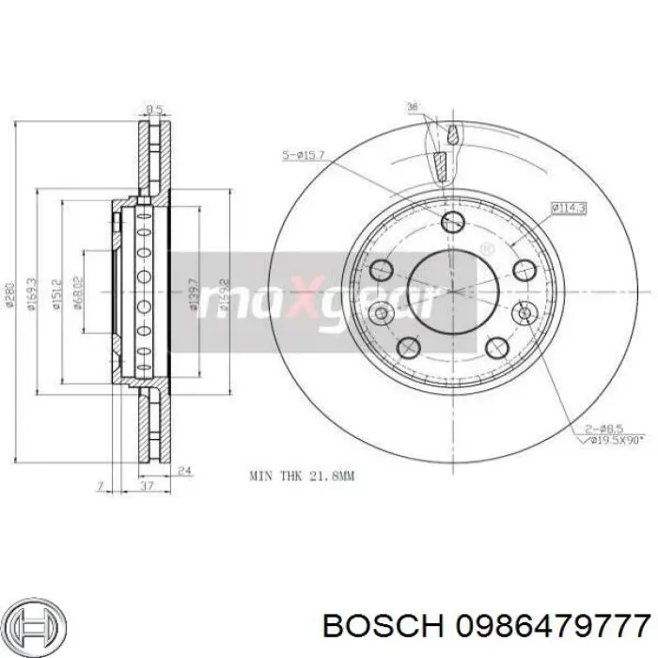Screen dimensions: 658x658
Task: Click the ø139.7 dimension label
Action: point(193,292)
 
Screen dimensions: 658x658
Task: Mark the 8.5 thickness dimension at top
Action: point(153,108)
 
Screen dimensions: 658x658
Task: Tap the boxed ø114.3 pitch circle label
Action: point(569,206)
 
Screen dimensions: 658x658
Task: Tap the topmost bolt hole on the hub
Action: point(452,222)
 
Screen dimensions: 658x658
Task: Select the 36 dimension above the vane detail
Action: point(411,106)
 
